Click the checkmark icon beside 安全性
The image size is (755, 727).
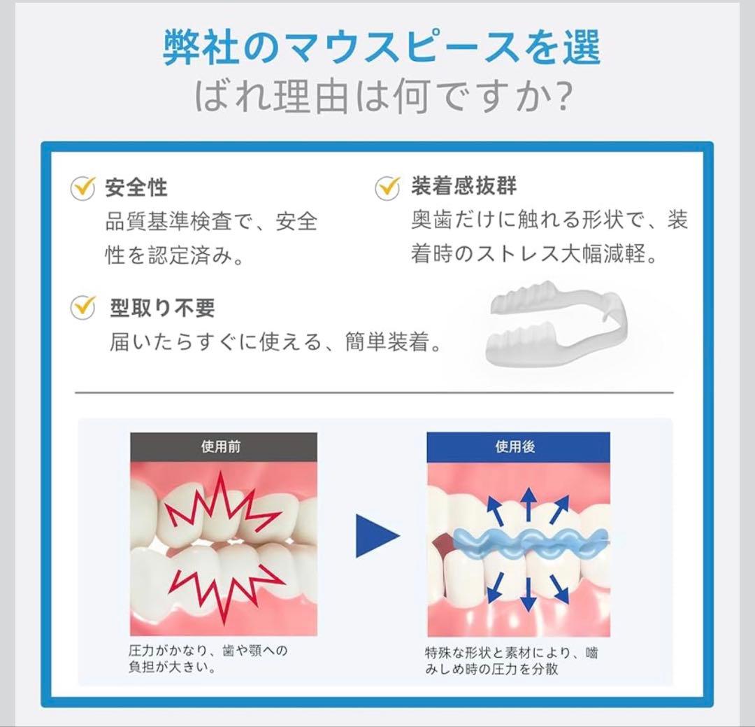pos(82,188)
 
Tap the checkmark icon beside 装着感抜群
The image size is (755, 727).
pos(387,187)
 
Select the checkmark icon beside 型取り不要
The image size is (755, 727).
pos(83,307)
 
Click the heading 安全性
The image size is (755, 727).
pos(136,188)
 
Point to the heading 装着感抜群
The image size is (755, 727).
pos(463,185)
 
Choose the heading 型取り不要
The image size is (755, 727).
pos(162,308)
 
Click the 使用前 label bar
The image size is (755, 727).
pos(224,447)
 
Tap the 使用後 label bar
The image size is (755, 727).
pos(518,447)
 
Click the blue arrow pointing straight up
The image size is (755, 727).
pos(528,504)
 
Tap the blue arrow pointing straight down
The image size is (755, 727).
pos(528,594)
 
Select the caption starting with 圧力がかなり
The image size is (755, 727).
pos(208,659)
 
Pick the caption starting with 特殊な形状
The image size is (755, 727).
pos(511,661)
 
